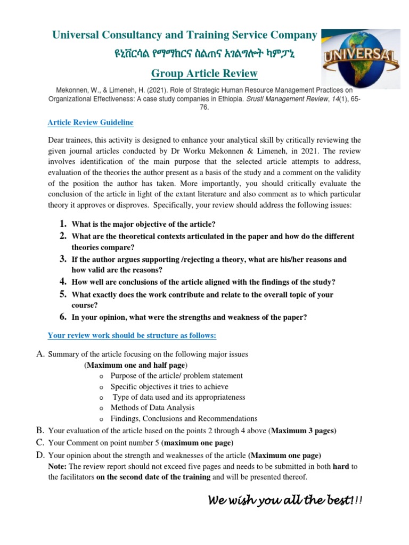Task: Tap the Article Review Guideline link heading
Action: click(91, 122)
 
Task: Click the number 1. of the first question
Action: click(63, 224)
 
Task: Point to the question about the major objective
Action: click(144, 224)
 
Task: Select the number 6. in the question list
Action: click(63, 317)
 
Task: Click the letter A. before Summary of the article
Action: click(40, 354)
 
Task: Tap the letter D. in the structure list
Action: click(40, 455)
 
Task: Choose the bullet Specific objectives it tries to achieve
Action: click(169, 386)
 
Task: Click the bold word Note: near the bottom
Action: click(57, 466)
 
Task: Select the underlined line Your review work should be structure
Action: click(132, 335)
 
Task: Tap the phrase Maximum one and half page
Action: click(135, 365)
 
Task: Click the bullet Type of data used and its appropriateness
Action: click(178, 397)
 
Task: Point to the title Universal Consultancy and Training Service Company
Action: click(184, 35)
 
